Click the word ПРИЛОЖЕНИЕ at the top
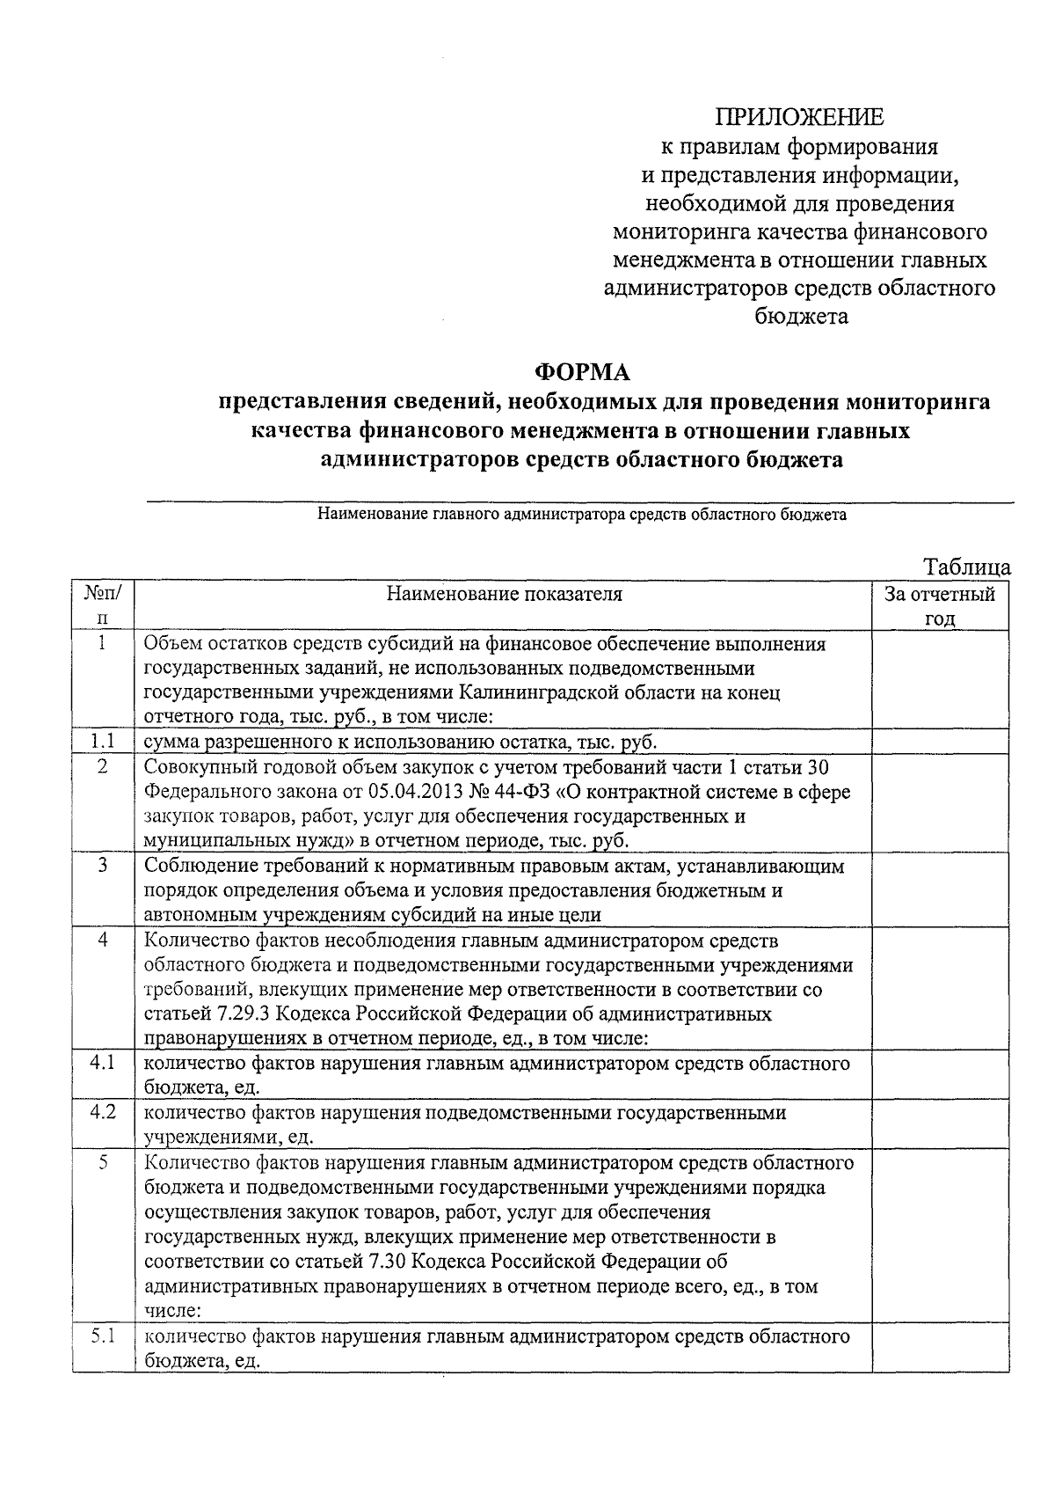(799, 117)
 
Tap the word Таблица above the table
(967, 567)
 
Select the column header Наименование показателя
(504, 595)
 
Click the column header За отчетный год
(939, 606)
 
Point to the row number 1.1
(103, 742)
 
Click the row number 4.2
(103, 1112)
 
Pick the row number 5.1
(103, 1336)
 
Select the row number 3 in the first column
(103, 866)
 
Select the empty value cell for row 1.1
(939, 742)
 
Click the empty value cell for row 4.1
(939, 1075)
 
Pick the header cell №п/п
(103, 606)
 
